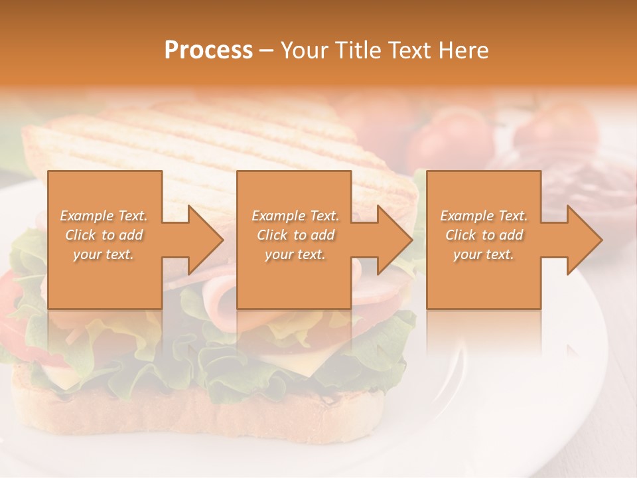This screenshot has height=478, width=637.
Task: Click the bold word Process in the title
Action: click(x=208, y=50)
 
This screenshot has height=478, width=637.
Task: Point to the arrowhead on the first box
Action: click(x=206, y=240)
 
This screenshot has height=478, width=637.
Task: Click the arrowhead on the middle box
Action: click(x=395, y=240)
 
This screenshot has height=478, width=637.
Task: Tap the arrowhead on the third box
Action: click(x=584, y=240)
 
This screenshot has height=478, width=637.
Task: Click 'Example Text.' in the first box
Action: click(x=104, y=216)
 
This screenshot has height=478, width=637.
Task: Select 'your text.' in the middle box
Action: click(x=295, y=254)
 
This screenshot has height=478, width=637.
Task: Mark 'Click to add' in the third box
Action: click(x=484, y=235)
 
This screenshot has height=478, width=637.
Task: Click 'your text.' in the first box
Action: click(x=104, y=254)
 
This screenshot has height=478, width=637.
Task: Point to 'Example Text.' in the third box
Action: click(x=484, y=216)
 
